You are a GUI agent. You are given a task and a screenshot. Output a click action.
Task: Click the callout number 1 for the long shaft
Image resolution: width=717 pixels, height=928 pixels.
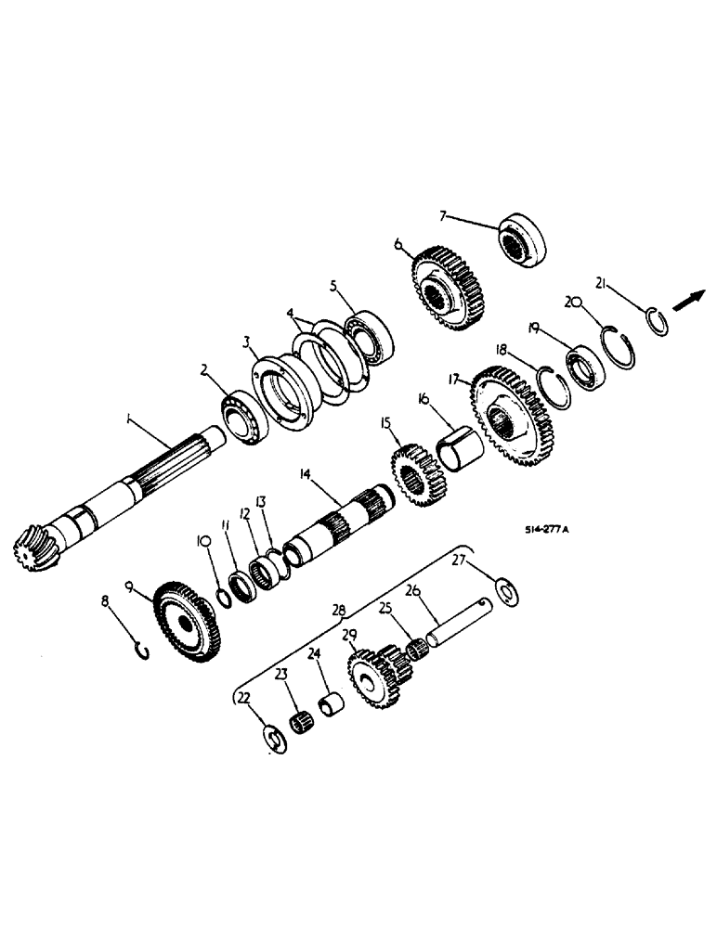click(x=129, y=420)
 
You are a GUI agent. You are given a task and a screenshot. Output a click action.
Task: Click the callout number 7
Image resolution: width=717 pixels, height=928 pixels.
click(x=443, y=216)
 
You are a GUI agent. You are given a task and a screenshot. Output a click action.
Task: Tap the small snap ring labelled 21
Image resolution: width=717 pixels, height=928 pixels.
click(x=658, y=322)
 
